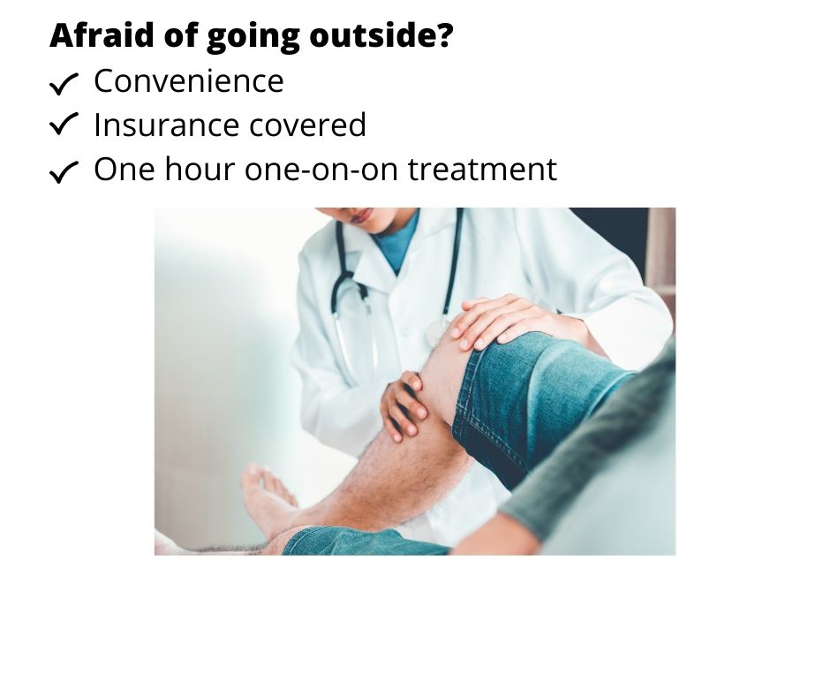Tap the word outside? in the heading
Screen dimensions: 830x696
pyautogui.click(x=381, y=35)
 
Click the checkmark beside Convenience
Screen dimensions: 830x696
pyautogui.click(x=64, y=84)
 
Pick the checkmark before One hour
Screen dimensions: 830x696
pyautogui.click(x=64, y=172)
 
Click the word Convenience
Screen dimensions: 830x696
pyautogui.click(x=189, y=81)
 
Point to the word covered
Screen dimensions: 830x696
pyautogui.click(x=307, y=125)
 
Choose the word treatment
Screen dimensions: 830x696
pyautogui.click(x=482, y=170)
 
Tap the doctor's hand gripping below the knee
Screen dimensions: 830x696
pyautogui.click(x=404, y=405)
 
